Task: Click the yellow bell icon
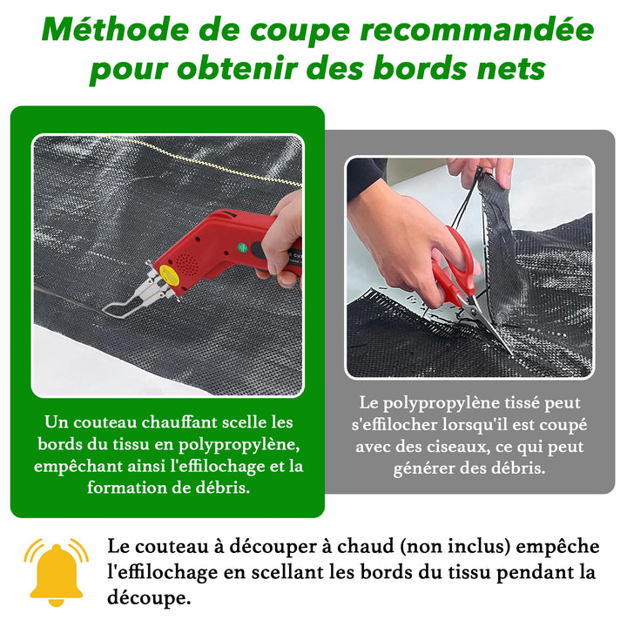pyautogui.click(x=56, y=572)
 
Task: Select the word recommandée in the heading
pyautogui.click(x=477, y=30)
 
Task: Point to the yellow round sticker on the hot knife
pyautogui.click(x=169, y=274)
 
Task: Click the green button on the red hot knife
pyautogui.click(x=243, y=247)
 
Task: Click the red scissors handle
pyautogui.click(x=455, y=264)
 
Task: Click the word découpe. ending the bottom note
pyautogui.click(x=149, y=598)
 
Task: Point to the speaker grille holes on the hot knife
pyautogui.click(x=187, y=263)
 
